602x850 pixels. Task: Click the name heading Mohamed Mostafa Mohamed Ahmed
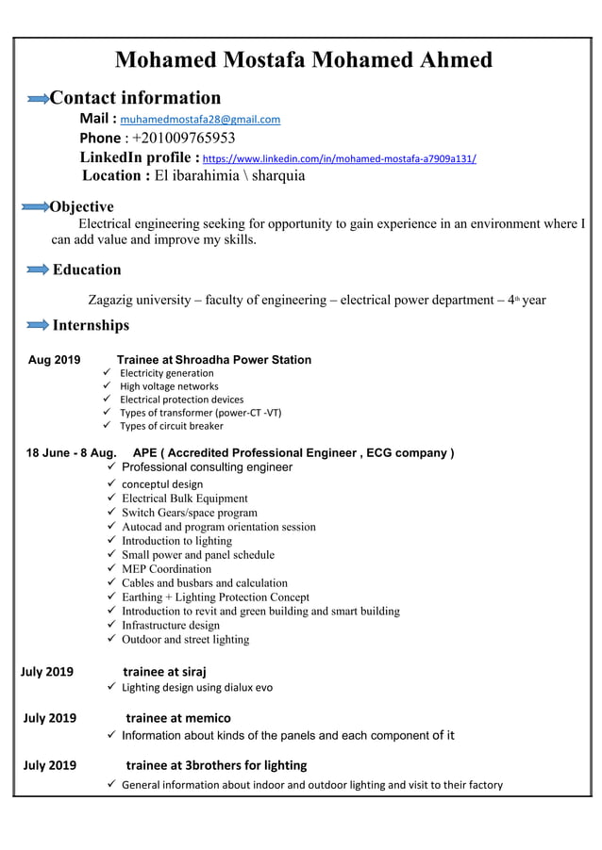pyautogui.click(x=303, y=60)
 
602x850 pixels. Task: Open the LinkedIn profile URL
pyautogui.click(x=340, y=159)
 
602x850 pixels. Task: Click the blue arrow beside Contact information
pyautogui.click(x=38, y=99)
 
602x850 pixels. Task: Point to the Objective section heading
pyautogui.click(x=81, y=206)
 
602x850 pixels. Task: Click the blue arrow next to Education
pyautogui.click(x=37, y=270)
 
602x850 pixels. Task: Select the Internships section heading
pyautogui.click(x=91, y=325)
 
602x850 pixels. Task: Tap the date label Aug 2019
pyautogui.click(x=55, y=360)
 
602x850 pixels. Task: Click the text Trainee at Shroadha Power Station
pyautogui.click(x=213, y=360)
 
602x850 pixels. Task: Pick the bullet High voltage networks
pyautogui.click(x=169, y=386)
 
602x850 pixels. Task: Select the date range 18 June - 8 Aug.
pyautogui.click(x=72, y=453)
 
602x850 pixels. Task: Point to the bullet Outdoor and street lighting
pyautogui.click(x=185, y=640)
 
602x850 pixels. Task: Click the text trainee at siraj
pyautogui.click(x=165, y=672)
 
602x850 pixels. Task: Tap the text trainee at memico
pyautogui.click(x=178, y=718)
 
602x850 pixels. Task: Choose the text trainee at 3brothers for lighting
pyautogui.click(x=216, y=764)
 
